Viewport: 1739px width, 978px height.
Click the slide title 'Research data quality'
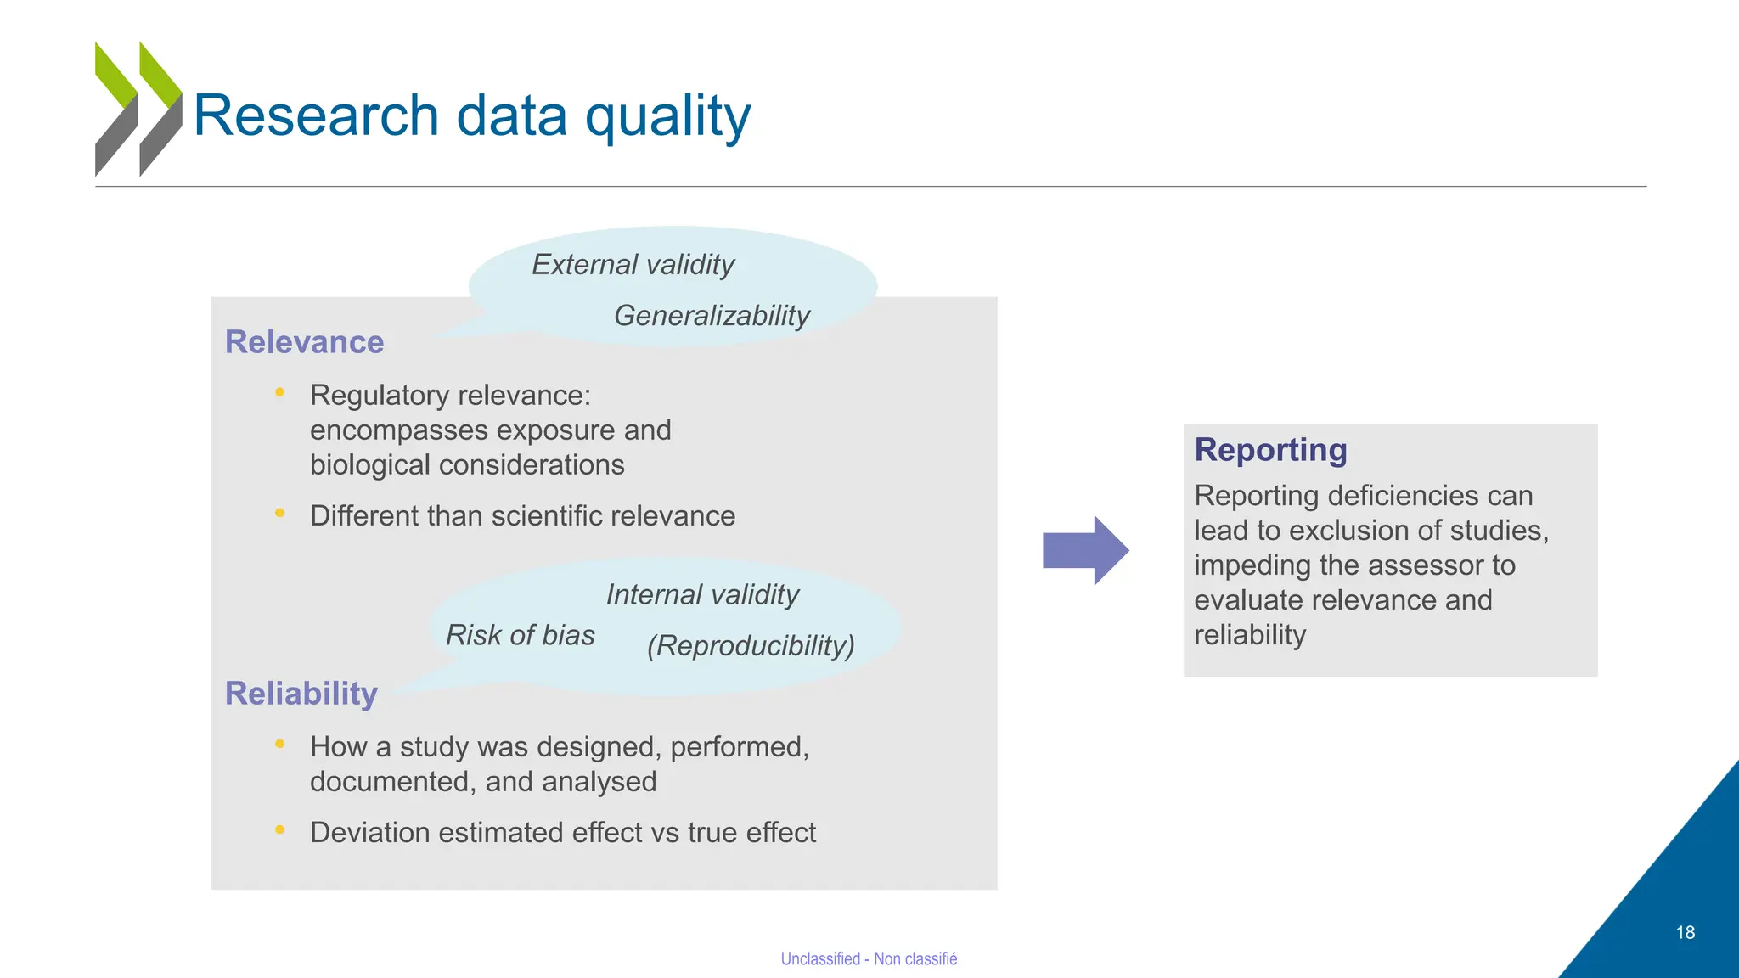tap(471, 115)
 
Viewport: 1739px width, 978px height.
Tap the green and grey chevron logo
tap(138, 109)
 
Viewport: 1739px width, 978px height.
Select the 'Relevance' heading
tap(304, 342)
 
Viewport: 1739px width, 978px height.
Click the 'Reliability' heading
tap(301, 694)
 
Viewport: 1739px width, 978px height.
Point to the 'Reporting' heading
tap(1270, 450)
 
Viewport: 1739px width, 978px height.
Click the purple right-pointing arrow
tap(1085, 550)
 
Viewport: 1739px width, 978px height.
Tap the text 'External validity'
tap(633, 265)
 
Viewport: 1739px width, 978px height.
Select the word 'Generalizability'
tap(712, 316)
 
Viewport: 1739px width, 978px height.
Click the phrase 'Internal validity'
tap(702, 595)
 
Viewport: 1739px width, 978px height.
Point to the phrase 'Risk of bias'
tap(520, 635)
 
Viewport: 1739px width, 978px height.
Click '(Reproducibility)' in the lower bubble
tap(751, 646)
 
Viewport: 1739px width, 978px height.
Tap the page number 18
tap(1685, 933)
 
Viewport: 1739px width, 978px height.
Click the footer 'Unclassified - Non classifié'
tap(869, 959)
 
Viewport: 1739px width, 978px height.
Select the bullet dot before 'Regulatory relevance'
tap(279, 392)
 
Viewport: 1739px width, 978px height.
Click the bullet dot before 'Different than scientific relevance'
tap(279, 513)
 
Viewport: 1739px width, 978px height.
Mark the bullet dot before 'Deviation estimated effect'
tap(279, 829)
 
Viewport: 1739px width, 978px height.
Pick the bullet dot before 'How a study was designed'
tap(279, 744)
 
